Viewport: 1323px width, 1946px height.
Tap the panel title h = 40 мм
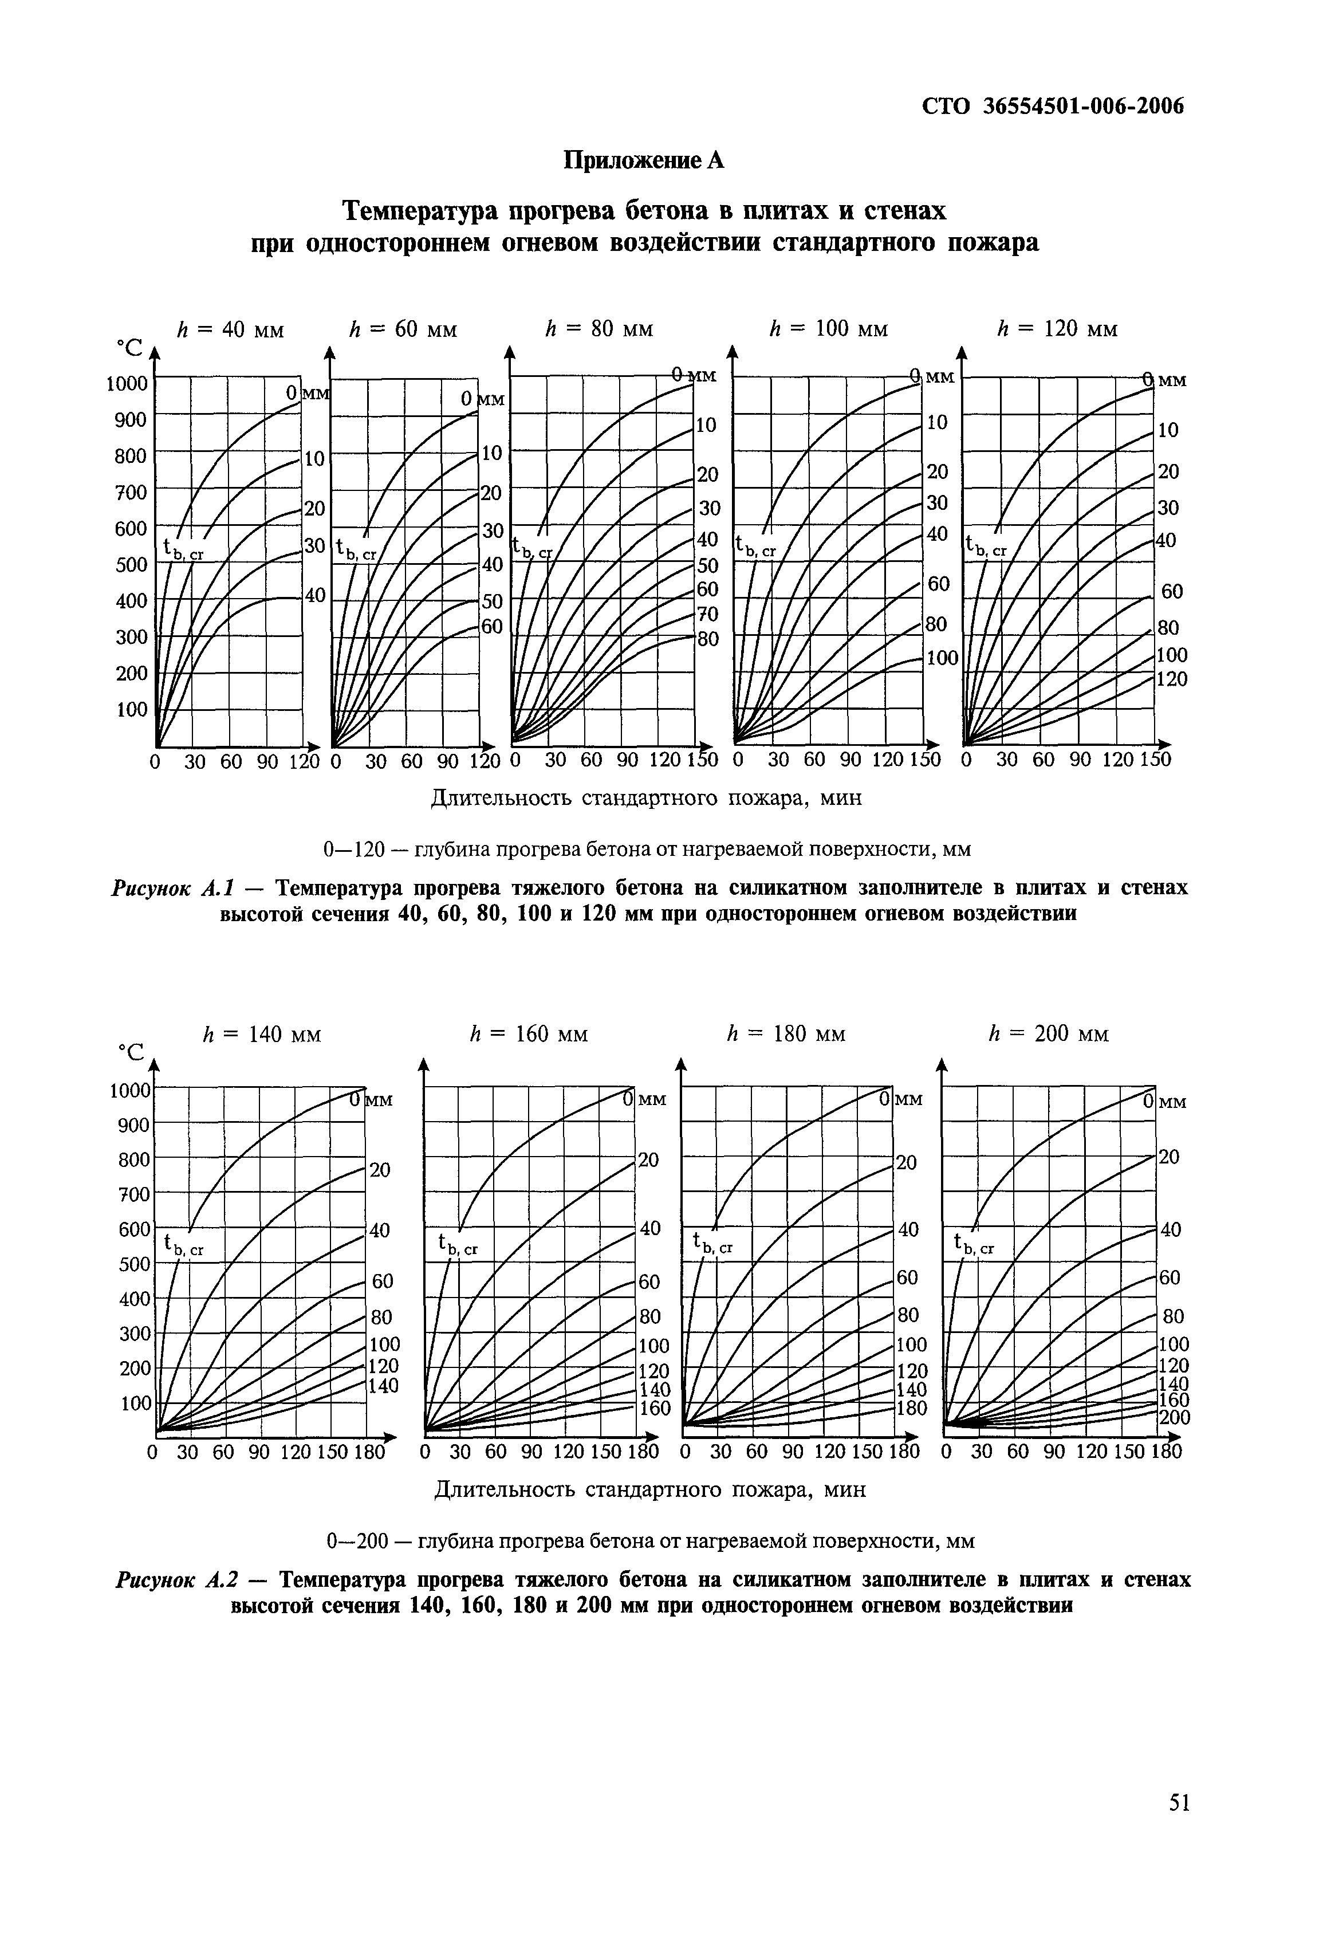pyautogui.click(x=231, y=330)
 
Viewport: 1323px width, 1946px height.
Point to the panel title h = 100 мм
pyautogui.click(x=828, y=330)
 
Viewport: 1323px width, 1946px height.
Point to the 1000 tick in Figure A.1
pyautogui.click(x=127, y=383)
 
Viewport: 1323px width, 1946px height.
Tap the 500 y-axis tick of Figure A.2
pyautogui.click(x=135, y=1264)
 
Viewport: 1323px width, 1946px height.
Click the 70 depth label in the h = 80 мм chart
pyautogui.click(x=707, y=615)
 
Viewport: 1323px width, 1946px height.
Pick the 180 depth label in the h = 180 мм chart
pyautogui.click(x=911, y=1409)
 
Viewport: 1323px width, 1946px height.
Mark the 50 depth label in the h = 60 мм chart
pyautogui.click(x=491, y=602)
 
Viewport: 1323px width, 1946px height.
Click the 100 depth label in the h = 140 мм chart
pyautogui.click(x=384, y=1344)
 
